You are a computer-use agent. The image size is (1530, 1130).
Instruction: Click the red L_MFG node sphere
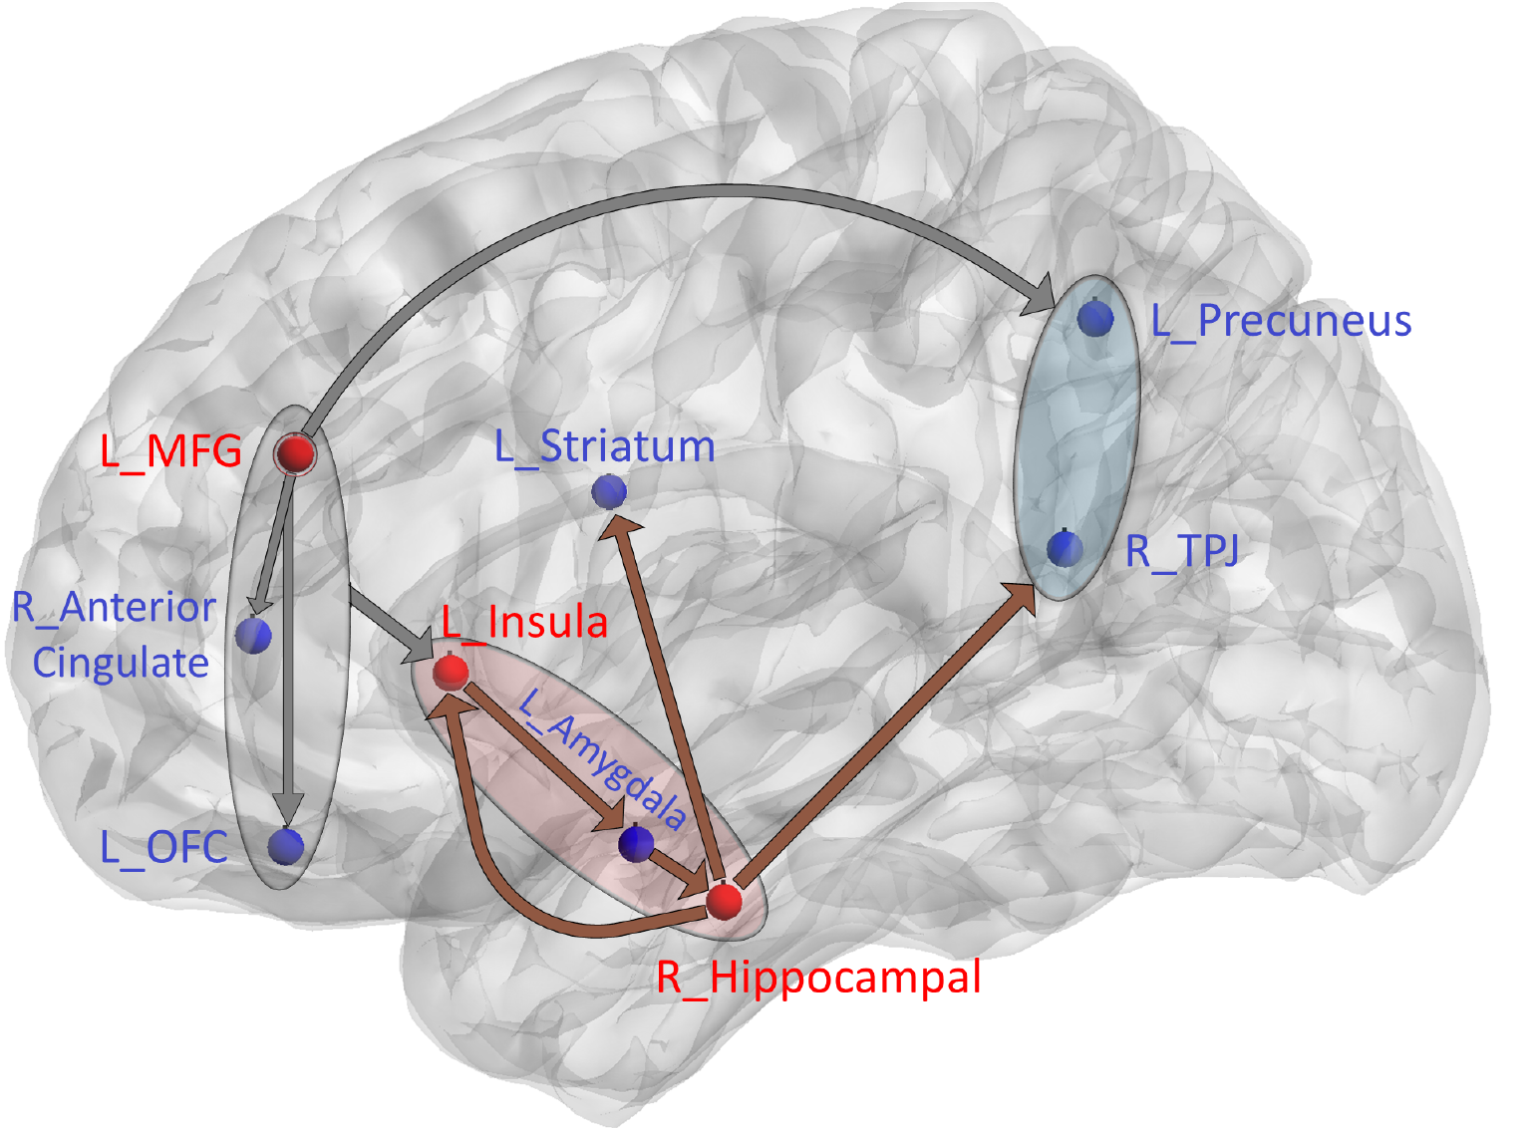pyautogui.click(x=295, y=453)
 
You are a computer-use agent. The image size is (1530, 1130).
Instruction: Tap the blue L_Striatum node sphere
pyautogui.click(x=609, y=491)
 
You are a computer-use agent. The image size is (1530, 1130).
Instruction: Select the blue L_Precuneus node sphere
pyautogui.click(x=1095, y=319)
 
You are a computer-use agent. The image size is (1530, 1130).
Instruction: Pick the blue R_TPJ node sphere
pyautogui.click(x=1066, y=549)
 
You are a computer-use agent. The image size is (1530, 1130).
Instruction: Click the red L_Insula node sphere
pyautogui.click(x=451, y=672)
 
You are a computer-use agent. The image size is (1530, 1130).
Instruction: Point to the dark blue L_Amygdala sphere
pyautogui.click(x=636, y=844)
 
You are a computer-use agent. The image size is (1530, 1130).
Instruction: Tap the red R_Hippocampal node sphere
pyautogui.click(x=725, y=901)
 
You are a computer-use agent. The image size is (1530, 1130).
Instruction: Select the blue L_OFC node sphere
pyautogui.click(x=286, y=846)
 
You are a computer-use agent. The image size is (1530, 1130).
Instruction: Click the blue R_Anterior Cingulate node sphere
pyautogui.click(x=254, y=635)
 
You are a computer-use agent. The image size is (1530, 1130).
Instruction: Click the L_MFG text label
pyautogui.click(x=170, y=452)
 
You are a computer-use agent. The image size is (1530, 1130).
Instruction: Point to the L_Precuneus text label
pyautogui.click(x=1281, y=321)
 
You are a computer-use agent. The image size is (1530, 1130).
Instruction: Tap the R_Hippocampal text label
pyautogui.click(x=818, y=978)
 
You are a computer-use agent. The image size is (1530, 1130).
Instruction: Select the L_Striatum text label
pyautogui.click(x=605, y=446)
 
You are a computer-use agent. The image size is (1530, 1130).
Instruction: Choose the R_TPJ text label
pyautogui.click(x=1182, y=550)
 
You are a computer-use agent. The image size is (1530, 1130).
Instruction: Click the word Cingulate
pyautogui.click(x=121, y=663)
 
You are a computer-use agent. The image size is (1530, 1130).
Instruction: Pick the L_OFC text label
pyautogui.click(x=164, y=847)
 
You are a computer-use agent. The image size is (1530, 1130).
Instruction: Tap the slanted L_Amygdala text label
pyautogui.click(x=603, y=758)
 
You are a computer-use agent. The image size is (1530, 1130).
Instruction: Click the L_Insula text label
pyautogui.click(x=524, y=623)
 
